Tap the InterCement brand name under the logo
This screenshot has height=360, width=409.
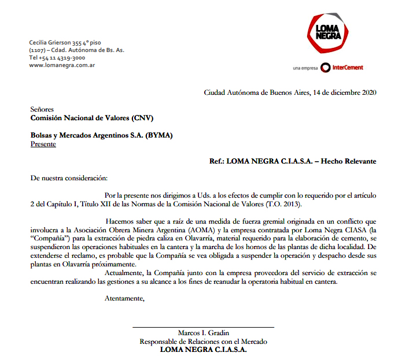[x=348, y=68]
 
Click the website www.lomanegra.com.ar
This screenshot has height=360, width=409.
[x=62, y=65]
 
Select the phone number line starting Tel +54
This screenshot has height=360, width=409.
[x=57, y=58]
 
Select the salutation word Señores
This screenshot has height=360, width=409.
[x=42, y=109]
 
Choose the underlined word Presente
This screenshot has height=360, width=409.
[x=43, y=144]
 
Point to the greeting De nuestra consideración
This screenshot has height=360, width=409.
[x=69, y=179]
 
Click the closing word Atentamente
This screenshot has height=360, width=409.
[x=124, y=298]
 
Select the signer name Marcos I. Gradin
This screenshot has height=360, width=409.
[x=204, y=333]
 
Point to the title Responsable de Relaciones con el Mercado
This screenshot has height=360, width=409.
[x=204, y=342]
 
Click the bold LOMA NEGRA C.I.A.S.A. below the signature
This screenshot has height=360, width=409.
[x=204, y=350]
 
